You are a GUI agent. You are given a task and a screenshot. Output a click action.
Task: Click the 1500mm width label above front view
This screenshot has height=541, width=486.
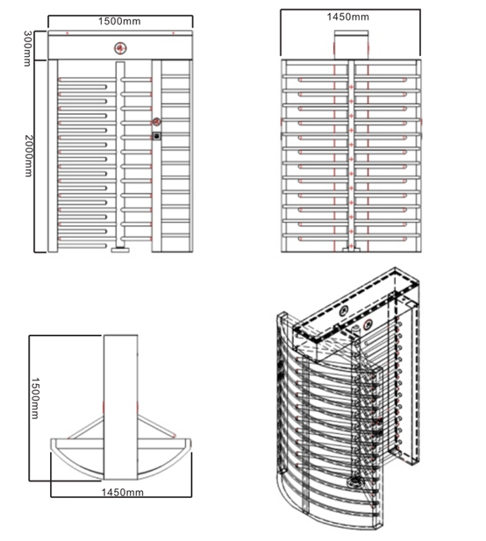tap(119, 21)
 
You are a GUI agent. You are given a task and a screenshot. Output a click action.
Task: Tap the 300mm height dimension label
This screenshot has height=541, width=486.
tap(27, 48)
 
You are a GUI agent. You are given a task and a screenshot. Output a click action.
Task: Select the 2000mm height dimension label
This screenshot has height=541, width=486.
tap(28, 155)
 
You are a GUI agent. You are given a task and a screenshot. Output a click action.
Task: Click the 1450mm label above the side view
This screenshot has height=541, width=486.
tap(348, 17)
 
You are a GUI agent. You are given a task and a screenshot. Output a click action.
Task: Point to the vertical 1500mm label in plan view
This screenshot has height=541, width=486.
tap(35, 398)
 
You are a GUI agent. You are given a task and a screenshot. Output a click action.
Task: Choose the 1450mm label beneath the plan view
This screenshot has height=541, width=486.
tap(123, 493)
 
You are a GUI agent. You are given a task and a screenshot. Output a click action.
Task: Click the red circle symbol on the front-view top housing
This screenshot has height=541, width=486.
tap(120, 48)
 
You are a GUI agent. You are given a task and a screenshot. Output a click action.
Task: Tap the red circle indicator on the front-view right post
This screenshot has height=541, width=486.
tap(157, 122)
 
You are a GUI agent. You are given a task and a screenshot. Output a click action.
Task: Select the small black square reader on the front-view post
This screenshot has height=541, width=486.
tap(157, 136)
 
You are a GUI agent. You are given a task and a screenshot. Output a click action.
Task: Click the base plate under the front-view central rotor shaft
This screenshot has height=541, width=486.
tap(120, 250)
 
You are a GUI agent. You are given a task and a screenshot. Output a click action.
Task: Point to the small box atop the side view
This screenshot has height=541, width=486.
tap(352, 45)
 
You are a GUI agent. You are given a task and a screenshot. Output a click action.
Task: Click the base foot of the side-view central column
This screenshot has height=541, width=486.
tap(351, 249)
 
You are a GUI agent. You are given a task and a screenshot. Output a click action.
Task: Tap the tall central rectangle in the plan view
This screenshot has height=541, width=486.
tap(121, 407)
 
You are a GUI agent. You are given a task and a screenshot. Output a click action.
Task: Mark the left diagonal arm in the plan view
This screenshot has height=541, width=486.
tap(86, 428)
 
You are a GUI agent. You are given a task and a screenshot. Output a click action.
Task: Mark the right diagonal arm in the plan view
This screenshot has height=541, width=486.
tap(157, 426)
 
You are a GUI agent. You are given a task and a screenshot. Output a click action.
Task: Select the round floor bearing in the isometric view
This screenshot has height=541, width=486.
tap(354, 481)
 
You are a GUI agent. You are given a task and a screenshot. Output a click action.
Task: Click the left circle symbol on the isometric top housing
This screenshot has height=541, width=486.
tap(344, 311)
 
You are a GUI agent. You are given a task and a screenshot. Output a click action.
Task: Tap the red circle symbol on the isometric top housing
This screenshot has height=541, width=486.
tap(368, 324)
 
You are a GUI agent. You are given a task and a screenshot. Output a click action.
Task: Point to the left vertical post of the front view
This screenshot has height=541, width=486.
tap(53, 156)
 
